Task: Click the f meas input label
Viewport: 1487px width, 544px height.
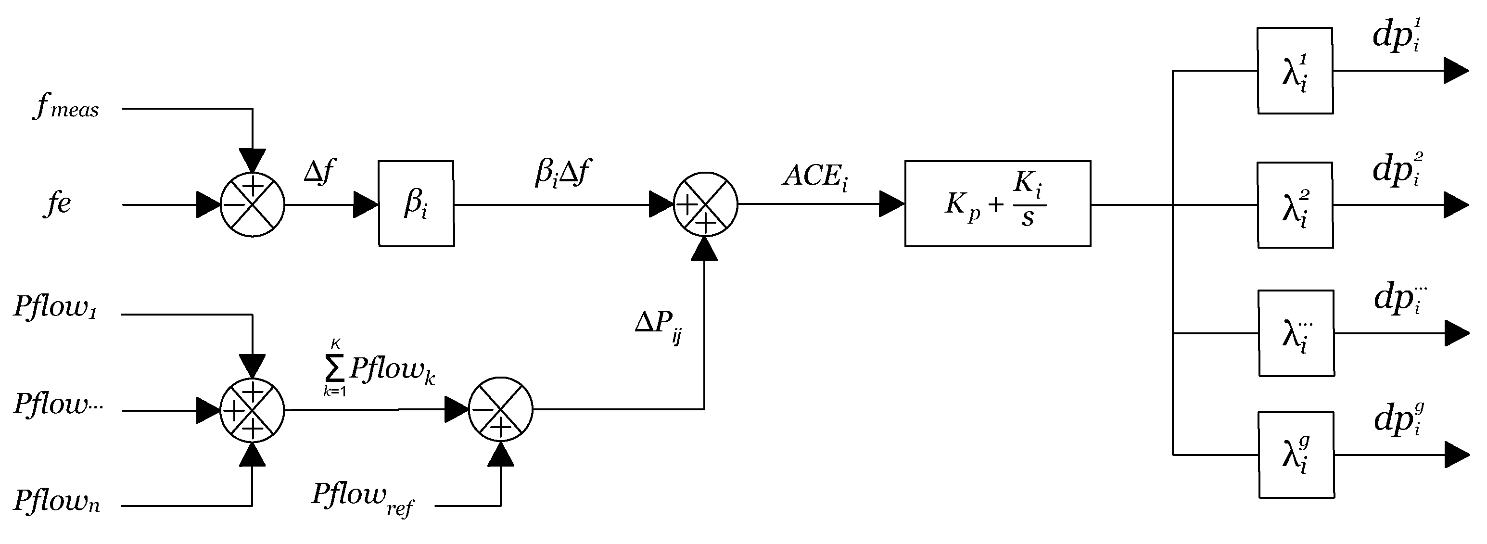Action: pyautogui.click(x=66, y=107)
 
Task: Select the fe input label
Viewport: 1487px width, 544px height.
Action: pyautogui.click(x=57, y=203)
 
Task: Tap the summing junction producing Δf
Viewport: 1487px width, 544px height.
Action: pyautogui.click(x=252, y=204)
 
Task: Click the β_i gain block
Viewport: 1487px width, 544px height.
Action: pyautogui.click(x=416, y=203)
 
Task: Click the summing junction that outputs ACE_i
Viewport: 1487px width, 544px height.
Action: pyautogui.click(x=705, y=204)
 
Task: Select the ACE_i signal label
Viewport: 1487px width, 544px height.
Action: pyautogui.click(x=814, y=176)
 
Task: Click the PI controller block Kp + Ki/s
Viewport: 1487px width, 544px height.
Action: pyautogui.click(x=997, y=203)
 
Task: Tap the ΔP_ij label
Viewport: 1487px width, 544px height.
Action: pyautogui.click(x=659, y=326)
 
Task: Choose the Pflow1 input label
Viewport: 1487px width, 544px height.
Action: pyautogui.click(x=55, y=307)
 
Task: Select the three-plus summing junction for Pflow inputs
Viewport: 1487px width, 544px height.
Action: pyautogui.click(x=252, y=410)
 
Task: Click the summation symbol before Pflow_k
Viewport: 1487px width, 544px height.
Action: pyautogui.click(x=335, y=368)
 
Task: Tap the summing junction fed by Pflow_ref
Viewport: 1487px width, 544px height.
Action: pyautogui.click(x=500, y=410)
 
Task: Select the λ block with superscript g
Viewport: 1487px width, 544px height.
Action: pyautogui.click(x=1296, y=455)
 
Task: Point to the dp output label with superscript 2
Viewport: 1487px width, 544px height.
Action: pyautogui.click(x=1397, y=170)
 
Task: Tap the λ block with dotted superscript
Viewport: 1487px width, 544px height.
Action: pyautogui.click(x=1296, y=333)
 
